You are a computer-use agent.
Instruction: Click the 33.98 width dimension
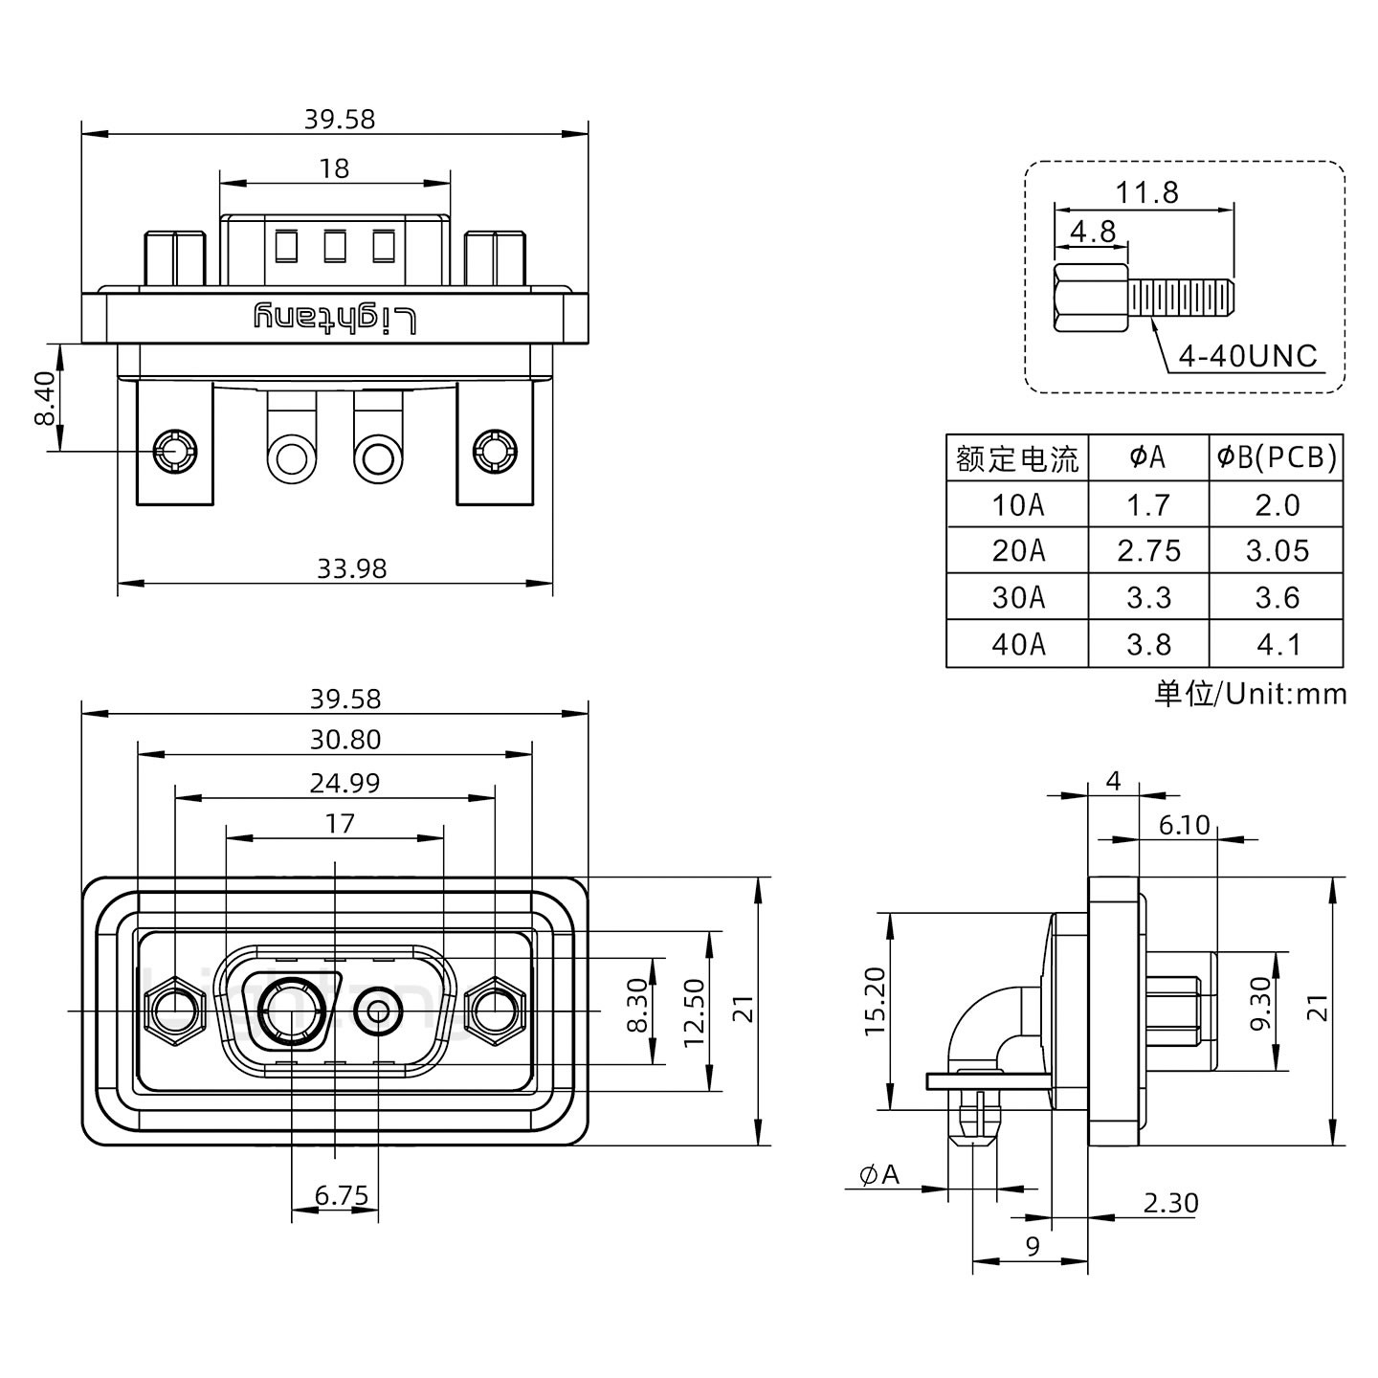351,568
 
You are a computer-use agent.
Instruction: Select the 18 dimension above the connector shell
334,168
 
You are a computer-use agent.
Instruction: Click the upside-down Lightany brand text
335,318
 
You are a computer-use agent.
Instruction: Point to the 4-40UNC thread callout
1247,356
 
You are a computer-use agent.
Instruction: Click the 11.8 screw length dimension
1145,192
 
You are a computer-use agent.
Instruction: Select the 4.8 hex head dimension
1092,232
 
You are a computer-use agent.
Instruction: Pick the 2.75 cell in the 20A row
1148,551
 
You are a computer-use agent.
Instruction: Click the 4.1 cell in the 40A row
1277,644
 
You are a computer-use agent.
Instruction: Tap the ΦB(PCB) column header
1277,458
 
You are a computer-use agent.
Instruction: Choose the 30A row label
1017,598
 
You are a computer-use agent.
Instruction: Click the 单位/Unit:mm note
1250,693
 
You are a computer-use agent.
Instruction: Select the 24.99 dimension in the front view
344,783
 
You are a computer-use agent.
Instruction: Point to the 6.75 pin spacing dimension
341,1195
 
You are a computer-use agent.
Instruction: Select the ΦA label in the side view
879,1174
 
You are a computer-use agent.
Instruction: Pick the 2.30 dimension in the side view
1169,1203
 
